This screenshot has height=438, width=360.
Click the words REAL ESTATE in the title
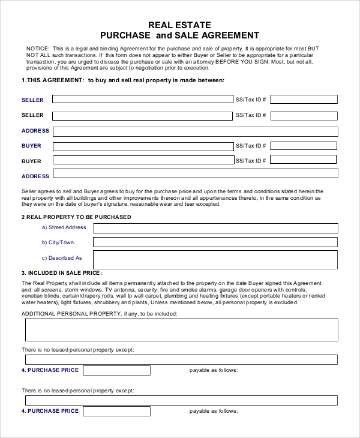point(180,25)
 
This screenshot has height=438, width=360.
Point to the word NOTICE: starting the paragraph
point(38,48)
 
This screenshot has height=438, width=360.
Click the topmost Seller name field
point(143,99)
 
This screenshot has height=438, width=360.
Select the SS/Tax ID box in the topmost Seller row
point(304,99)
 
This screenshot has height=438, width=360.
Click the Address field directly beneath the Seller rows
point(195,131)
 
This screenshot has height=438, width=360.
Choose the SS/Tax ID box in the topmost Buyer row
point(304,146)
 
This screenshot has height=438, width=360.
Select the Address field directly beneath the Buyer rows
point(195,174)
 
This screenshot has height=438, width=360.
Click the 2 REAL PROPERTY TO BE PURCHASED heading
point(76,217)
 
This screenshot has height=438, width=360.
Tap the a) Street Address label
point(64,227)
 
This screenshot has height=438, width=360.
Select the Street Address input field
point(215,228)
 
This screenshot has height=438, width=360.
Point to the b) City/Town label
point(58,242)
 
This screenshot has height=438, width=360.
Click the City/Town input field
point(215,242)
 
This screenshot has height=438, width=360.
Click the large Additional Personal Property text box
point(181,329)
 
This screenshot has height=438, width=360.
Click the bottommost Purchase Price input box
point(116,411)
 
